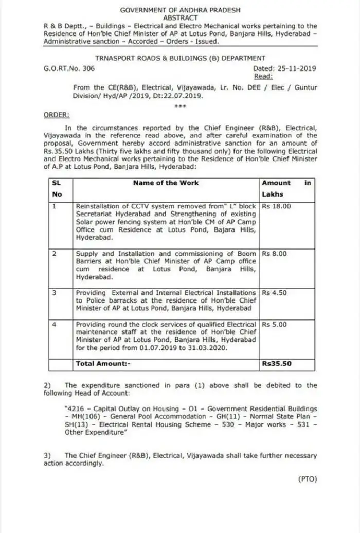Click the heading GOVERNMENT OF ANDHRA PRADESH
pyautogui.click(x=179, y=10)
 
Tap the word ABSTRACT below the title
pyautogui.click(x=180, y=17)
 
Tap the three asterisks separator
pyautogui.click(x=180, y=106)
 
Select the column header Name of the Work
pyautogui.click(x=166, y=183)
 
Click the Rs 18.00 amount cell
pyautogui.click(x=277, y=205)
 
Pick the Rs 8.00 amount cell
pyautogui.click(x=275, y=254)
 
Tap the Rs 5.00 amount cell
pyautogui.click(x=275, y=325)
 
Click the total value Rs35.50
pyautogui.click(x=277, y=363)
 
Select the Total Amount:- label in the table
pyautogui.click(x=101, y=363)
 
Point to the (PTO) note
pyautogui.click(x=308, y=479)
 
